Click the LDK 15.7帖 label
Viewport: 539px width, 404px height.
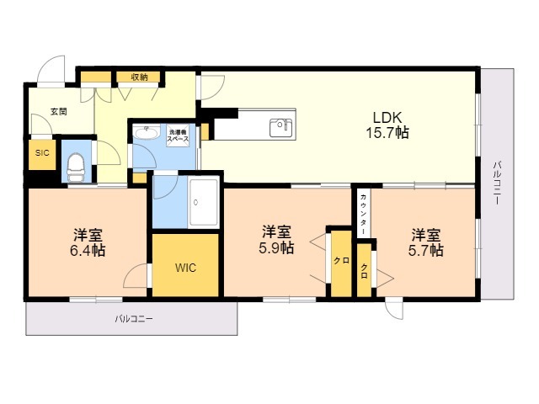point(387,125)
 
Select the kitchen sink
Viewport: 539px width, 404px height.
point(280,127)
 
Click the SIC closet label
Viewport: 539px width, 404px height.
point(42,153)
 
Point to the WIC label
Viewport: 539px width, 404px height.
point(185,268)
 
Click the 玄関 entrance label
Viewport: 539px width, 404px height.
point(59,112)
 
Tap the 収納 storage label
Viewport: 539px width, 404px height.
point(139,77)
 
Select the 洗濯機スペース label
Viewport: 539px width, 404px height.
point(178,136)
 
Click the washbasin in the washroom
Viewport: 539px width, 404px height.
point(147,131)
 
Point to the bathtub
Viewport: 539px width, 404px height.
point(204,202)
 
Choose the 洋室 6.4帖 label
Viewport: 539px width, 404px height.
point(88,243)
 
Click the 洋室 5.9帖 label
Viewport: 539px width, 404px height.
point(276,239)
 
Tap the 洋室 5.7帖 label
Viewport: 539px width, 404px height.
point(425,242)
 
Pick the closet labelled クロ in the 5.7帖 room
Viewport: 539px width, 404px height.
point(364,270)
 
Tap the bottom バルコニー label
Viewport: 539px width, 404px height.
point(134,319)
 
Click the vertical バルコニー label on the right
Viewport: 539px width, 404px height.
point(497,183)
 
